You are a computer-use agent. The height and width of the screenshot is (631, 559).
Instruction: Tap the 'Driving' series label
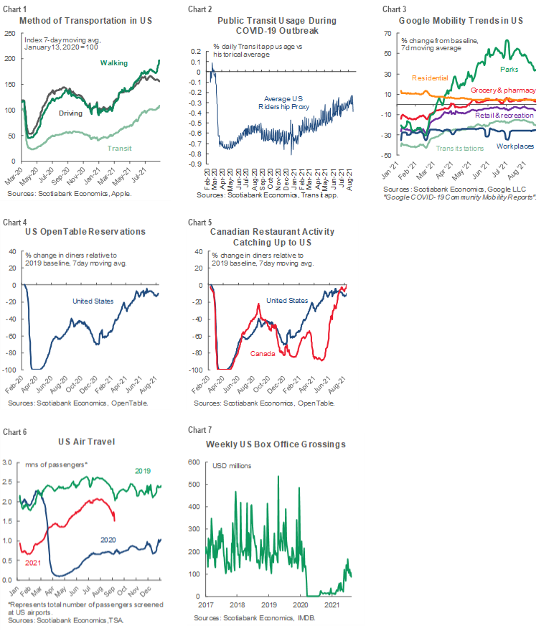(x=70, y=113)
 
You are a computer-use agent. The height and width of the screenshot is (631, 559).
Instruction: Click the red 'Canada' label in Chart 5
(x=262, y=353)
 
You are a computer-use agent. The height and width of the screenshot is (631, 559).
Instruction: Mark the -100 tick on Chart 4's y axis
(x=11, y=370)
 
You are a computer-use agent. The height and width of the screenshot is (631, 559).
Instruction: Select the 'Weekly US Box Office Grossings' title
(x=276, y=444)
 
